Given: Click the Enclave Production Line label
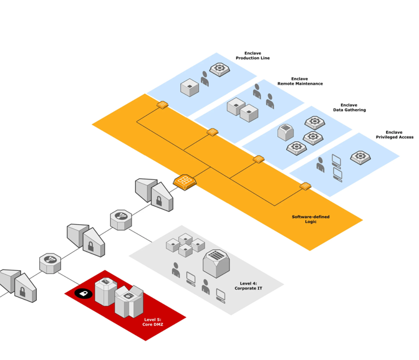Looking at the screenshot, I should click(x=253, y=55).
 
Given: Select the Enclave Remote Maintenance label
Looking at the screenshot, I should click(x=300, y=81).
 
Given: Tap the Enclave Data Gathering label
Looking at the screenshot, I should click(x=349, y=107).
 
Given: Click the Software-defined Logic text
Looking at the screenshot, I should click(x=311, y=219).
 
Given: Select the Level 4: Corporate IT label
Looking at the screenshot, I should click(x=248, y=286).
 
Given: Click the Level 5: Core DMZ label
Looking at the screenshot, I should click(x=152, y=322).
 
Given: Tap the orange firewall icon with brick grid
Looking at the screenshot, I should click(x=185, y=182).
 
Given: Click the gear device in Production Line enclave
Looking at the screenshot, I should click(x=219, y=70).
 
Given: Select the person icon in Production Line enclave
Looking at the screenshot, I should click(x=205, y=78).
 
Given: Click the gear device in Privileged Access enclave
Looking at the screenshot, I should click(x=360, y=157).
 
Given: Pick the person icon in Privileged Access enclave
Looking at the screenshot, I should click(x=320, y=164).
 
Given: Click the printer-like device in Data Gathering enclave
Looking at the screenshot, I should click(x=285, y=132).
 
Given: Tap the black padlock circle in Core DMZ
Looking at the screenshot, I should click(x=84, y=293).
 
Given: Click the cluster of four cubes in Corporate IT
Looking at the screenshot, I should click(x=185, y=245).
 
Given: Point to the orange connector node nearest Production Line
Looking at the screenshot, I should click(x=162, y=105).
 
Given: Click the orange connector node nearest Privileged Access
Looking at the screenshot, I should click(x=305, y=186).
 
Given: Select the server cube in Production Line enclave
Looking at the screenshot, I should click(x=190, y=88).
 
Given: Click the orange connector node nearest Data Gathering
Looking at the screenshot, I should click(x=258, y=159).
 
